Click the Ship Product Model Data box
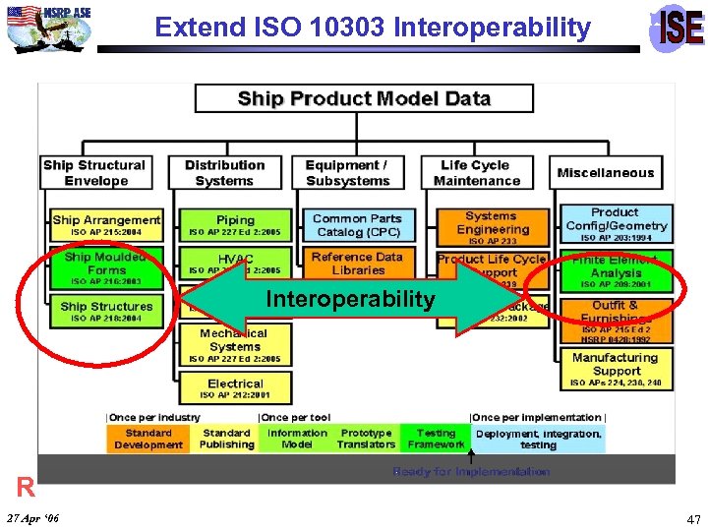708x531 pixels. [x=364, y=98]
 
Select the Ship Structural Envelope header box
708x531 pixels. [x=95, y=173]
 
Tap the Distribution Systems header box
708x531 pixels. [x=224, y=173]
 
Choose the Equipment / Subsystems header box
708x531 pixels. [x=346, y=173]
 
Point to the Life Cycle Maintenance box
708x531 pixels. [x=476, y=173]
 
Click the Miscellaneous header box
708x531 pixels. [x=605, y=173]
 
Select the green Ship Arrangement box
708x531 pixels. [x=106, y=225]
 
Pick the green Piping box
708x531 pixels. [x=235, y=225]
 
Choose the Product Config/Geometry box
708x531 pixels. [x=616, y=223]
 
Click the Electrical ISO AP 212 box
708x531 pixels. [x=235, y=388]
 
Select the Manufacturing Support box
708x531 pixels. [x=616, y=369]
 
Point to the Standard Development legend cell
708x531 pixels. [x=147, y=439]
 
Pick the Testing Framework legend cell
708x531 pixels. [x=436, y=439]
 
